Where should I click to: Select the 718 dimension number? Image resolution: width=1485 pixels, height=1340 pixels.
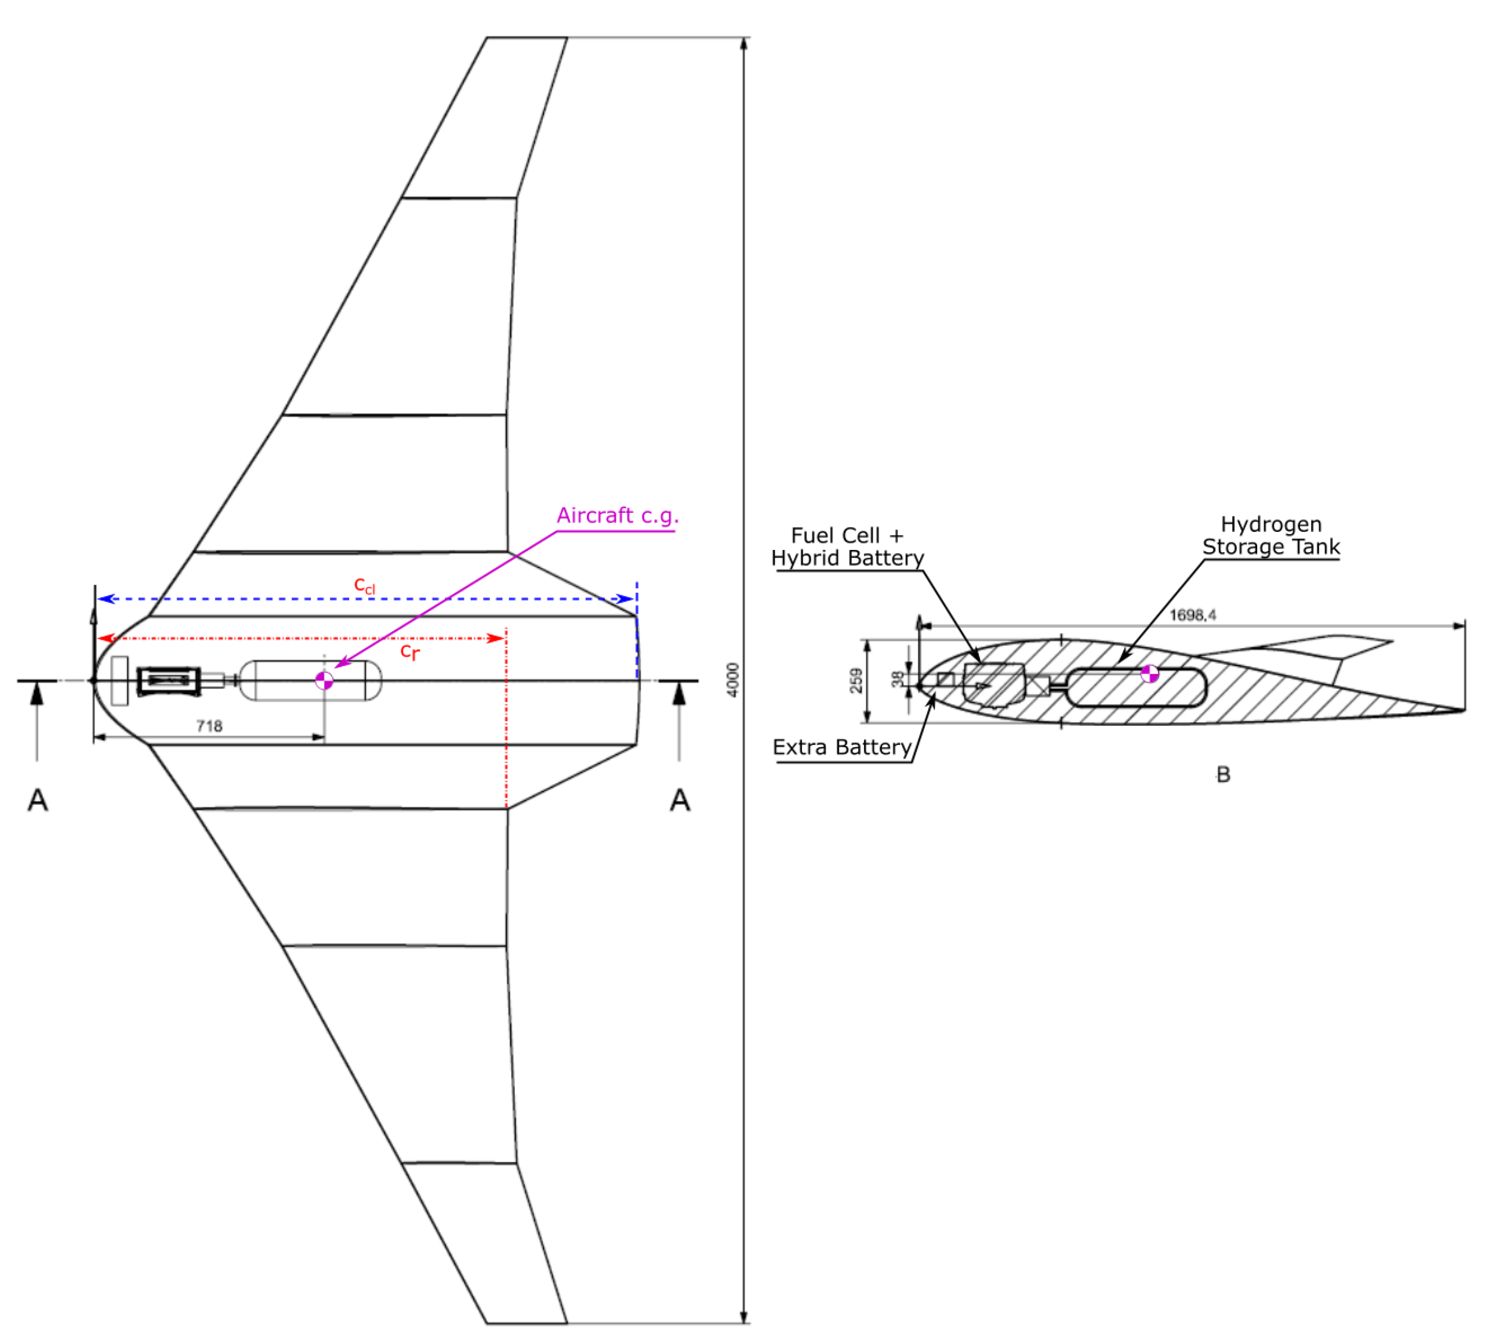tap(209, 726)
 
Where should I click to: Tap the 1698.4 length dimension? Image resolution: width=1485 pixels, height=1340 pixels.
tap(1192, 615)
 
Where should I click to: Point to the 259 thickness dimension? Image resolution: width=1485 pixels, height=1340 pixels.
tap(856, 680)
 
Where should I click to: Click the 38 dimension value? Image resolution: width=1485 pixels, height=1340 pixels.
tap(896, 679)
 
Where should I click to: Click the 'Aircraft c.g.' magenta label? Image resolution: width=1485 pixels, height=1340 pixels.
tap(616, 515)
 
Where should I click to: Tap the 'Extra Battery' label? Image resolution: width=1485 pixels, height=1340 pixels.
tap(842, 747)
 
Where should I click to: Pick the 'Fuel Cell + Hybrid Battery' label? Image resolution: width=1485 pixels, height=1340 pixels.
tap(847, 546)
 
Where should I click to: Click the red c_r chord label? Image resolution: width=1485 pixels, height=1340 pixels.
tap(410, 651)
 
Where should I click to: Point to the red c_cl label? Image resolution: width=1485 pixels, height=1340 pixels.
tap(364, 585)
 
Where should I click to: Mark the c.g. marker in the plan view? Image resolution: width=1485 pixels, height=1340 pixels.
tap(324, 680)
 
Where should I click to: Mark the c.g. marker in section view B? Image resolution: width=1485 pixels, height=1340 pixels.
tap(1149, 673)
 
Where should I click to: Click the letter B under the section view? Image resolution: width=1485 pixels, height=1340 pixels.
tap(1222, 774)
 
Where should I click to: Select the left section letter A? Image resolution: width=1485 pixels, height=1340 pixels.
tap(38, 799)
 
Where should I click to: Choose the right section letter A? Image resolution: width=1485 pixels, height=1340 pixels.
tap(679, 799)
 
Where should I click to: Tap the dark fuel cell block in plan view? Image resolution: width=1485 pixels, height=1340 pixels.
tap(169, 681)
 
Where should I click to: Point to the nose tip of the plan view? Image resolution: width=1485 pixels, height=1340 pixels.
tap(93, 680)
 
